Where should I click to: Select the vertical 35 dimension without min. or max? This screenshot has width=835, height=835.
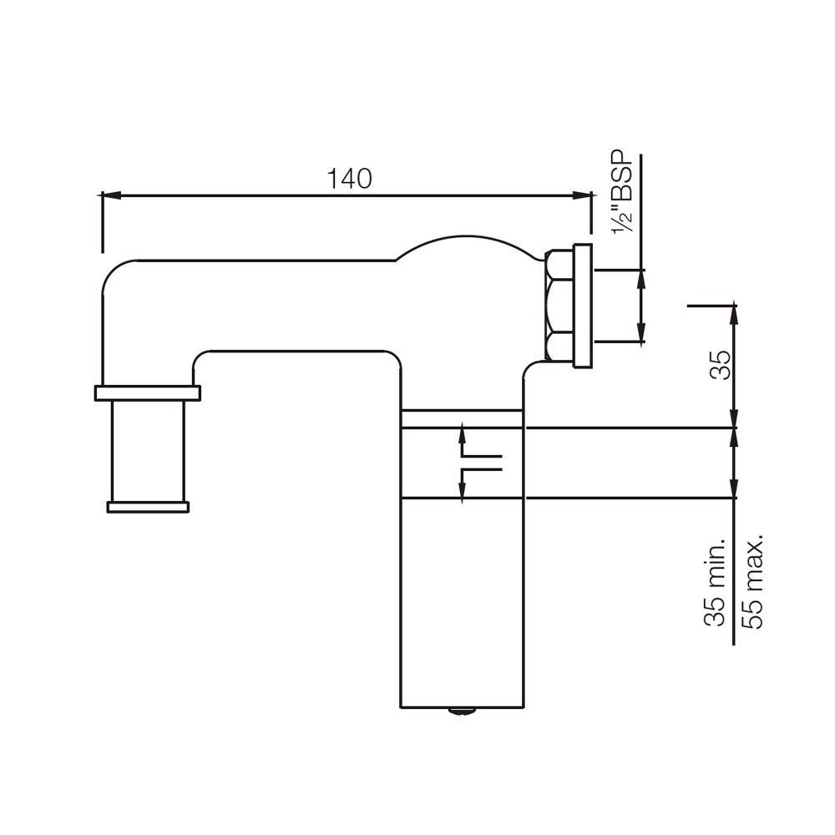pyautogui.click(x=720, y=365)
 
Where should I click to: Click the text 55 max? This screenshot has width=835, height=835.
pyautogui.click(x=754, y=582)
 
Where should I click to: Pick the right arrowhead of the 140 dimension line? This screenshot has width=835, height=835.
pyautogui.click(x=579, y=196)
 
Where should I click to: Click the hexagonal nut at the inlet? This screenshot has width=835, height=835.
pyautogui.click(x=556, y=306)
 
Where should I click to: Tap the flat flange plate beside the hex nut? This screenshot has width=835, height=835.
pyautogui.click(x=582, y=306)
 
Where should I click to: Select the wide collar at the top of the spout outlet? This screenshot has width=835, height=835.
pyautogui.click(x=148, y=392)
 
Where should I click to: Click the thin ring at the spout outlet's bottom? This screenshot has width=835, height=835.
pyautogui.click(x=148, y=505)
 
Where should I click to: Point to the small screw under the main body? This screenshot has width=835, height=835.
pyautogui.click(x=460, y=712)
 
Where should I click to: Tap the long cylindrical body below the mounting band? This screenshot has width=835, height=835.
pyautogui.click(x=462, y=601)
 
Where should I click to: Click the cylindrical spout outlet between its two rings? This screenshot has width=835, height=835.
pyautogui.click(x=148, y=449)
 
